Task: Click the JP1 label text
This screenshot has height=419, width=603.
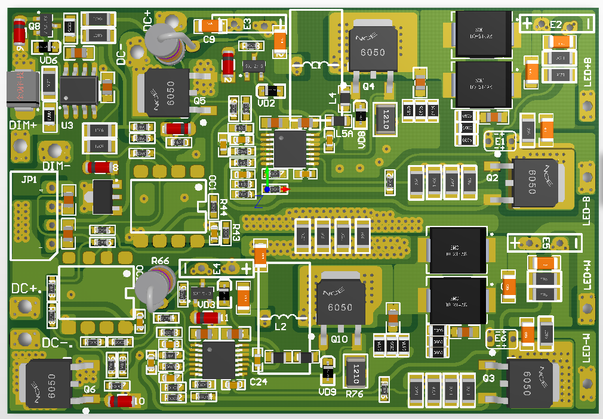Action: click(x=27, y=179)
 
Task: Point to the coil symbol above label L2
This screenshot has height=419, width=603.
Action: click(x=285, y=316)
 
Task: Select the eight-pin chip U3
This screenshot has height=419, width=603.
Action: click(x=78, y=91)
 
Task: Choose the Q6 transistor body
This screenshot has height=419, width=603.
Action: click(x=47, y=384)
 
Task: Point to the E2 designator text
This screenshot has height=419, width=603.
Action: click(x=556, y=24)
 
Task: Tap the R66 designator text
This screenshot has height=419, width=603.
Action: click(x=160, y=261)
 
